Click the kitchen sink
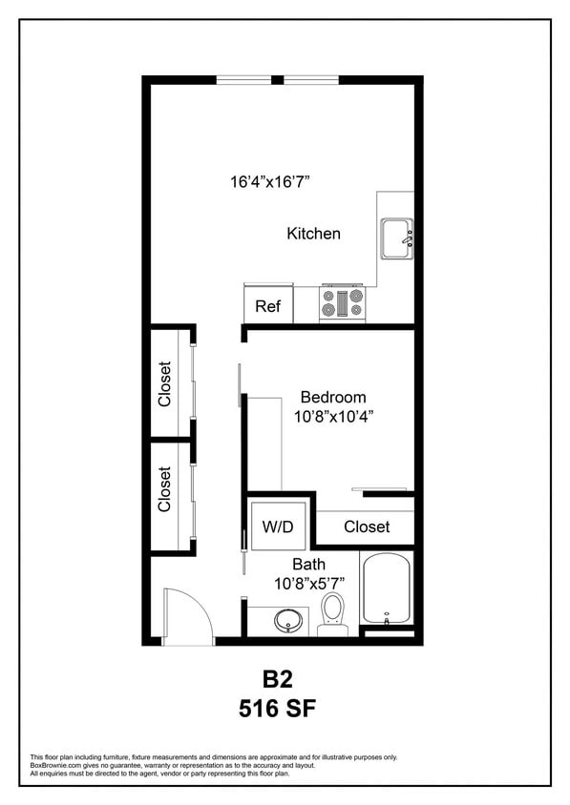point(396,238)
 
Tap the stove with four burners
point(342,303)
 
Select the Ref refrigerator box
point(268,306)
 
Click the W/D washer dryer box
point(277,526)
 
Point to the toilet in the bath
point(333,610)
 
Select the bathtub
point(386,588)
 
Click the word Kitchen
point(313,233)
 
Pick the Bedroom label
point(332,397)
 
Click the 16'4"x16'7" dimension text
point(270,180)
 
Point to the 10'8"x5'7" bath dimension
point(308,583)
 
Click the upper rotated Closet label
point(164,383)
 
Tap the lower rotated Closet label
point(164,488)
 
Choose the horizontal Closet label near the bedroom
point(367,526)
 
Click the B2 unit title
point(277,680)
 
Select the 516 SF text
point(277,709)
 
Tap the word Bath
point(308,564)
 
